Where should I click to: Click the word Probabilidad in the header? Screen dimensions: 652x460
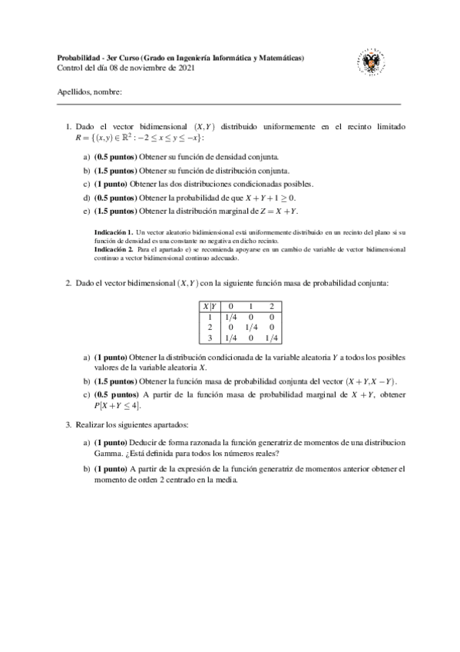[x=80, y=58]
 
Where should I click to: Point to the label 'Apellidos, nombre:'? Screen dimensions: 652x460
[x=89, y=93]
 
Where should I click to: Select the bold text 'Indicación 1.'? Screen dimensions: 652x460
[x=113, y=231]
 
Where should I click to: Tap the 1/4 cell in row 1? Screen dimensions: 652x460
[x=230, y=316]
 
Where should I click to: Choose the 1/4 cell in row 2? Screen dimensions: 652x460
[x=252, y=326]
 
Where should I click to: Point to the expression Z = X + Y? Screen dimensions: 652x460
[x=279, y=210]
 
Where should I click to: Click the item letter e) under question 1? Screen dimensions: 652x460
[x=85, y=210]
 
